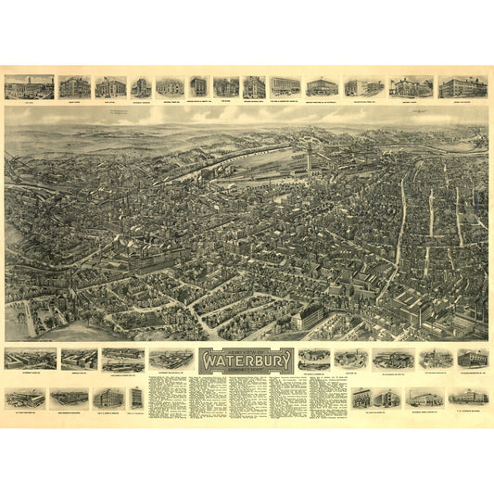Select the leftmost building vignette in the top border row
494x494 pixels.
pos(29,87)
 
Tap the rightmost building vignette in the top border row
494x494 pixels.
pos(462,86)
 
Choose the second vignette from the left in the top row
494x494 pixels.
pos(75,87)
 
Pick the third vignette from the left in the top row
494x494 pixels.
pos(110,87)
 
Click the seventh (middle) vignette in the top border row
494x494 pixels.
pos(225,87)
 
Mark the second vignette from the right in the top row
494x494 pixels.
pos(411,86)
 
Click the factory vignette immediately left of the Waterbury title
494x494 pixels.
pos(171,359)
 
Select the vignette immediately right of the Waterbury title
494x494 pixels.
pos(314,359)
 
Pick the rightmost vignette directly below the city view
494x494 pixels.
pos(472,358)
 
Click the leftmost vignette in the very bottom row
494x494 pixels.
pos(24,398)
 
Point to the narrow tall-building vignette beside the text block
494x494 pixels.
pos(136,398)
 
